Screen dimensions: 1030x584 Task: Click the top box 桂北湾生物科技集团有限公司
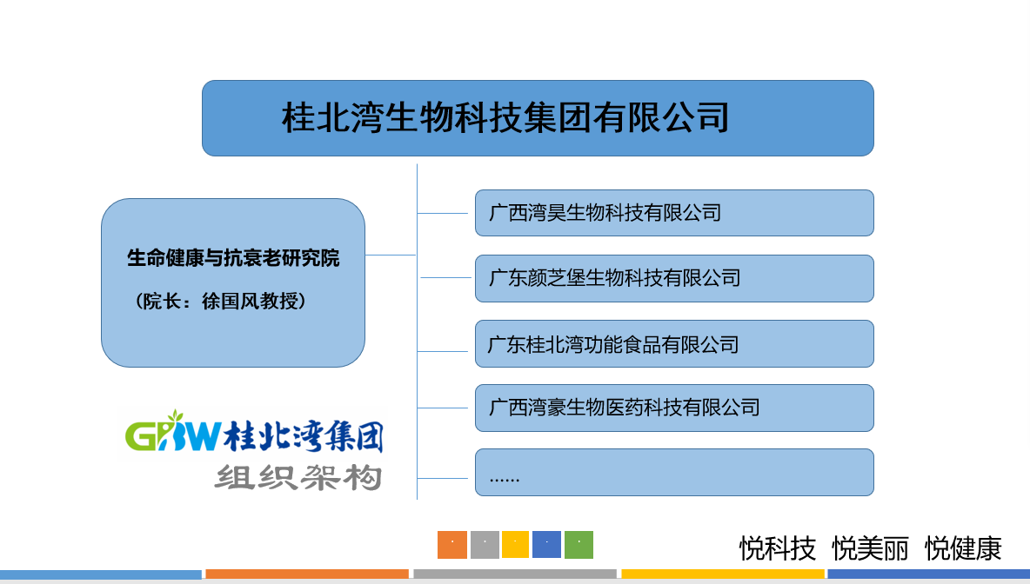click(x=538, y=118)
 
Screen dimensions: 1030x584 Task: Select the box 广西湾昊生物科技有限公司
click(x=674, y=213)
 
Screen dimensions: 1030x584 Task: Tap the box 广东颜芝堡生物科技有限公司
click(x=674, y=278)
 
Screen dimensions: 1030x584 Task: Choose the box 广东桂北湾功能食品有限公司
click(x=674, y=344)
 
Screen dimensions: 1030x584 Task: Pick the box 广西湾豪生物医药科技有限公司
click(x=674, y=408)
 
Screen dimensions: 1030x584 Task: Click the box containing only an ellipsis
click(x=674, y=473)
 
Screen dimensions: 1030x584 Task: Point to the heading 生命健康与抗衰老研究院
click(x=233, y=258)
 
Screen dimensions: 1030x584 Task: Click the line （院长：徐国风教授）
click(x=221, y=302)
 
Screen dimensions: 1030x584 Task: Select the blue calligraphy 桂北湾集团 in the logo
click(x=304, y=435)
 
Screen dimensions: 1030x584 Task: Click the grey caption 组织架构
click(x=298, y=477)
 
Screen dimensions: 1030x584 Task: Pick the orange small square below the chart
click(x=452, y=545)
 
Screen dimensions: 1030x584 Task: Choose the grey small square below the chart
click(x=485, y=545)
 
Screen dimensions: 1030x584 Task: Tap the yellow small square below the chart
click(x=516, y=545)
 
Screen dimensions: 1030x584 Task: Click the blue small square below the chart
click(x=546, y=545)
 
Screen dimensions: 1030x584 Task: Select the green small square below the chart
click(x=579, y=545)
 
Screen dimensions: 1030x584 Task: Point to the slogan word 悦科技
click(x=778, y=548)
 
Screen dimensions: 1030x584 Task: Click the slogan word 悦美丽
click(x=871, y=548)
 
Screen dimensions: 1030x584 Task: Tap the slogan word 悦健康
click(x=963, y=548)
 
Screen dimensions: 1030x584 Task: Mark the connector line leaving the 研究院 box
click(x=391, y=255)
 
